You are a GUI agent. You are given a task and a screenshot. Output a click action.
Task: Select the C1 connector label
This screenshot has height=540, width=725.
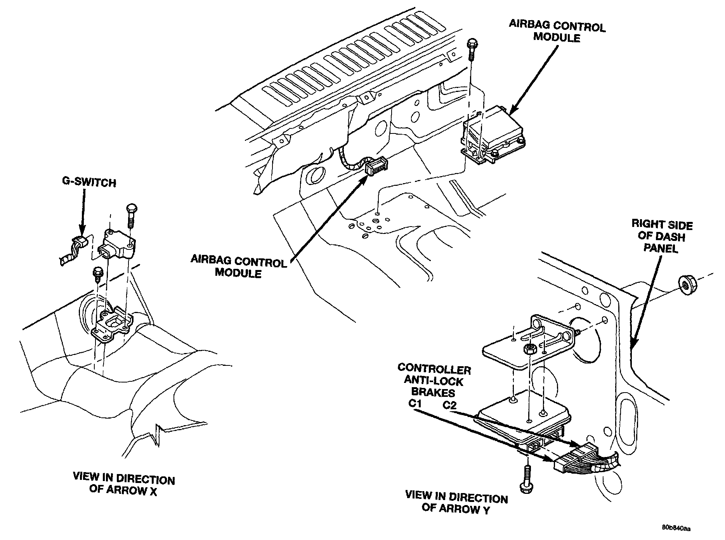(x=415, y=403)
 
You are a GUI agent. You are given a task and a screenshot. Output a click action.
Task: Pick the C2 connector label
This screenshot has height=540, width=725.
(x=449, y=405)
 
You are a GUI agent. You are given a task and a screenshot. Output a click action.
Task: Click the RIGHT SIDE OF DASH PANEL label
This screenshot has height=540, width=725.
(x=662, y=236)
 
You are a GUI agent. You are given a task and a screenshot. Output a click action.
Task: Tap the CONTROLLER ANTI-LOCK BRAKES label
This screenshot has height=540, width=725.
(x=434, y=381)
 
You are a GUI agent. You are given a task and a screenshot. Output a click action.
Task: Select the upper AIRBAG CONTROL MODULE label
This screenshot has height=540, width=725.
(x=557, y=32)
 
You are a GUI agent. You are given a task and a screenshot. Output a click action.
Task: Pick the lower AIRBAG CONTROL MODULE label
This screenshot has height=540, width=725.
(x=238, y=267)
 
